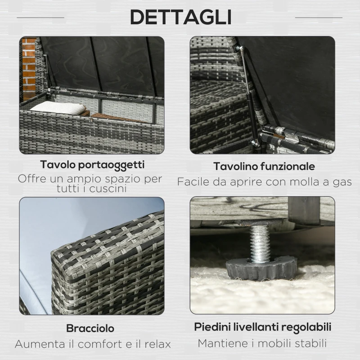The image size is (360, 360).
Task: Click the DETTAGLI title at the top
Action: pyautogui.click(x=180, y=18)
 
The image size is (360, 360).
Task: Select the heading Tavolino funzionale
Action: pyautogui.click(x=264, y=166)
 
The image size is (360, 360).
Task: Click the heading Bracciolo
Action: pyautogui.click(x=90, y=328)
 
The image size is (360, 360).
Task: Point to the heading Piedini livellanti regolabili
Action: pyautogui.click(x=263, y=326)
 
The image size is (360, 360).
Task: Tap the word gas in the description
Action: pyautogui.click(x=342, y=182)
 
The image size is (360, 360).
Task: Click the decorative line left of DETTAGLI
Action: pyautogui.click(x=40, y=18)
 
